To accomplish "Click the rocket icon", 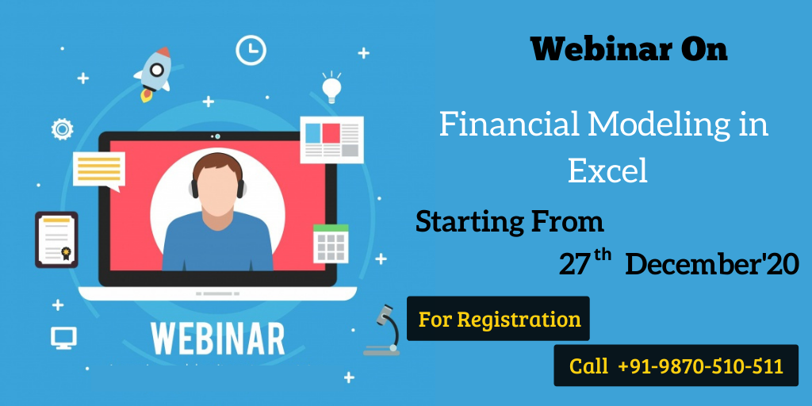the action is click(155, 72).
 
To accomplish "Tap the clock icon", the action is click(251, 51).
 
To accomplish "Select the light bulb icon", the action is click(331, 87).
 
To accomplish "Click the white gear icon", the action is click(62, 129).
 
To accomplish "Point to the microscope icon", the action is click(383, 330).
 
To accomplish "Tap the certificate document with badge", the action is click(56, 239).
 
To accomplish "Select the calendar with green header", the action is click(331, 243).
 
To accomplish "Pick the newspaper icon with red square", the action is click(332, 140).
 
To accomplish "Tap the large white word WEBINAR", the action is click(218, 339).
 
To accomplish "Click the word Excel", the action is click(608, 171).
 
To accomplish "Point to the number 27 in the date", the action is click(575, 264).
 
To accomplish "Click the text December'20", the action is click(712, 264).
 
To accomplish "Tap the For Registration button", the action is click(498, 319).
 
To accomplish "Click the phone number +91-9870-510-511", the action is click(701, 366).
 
